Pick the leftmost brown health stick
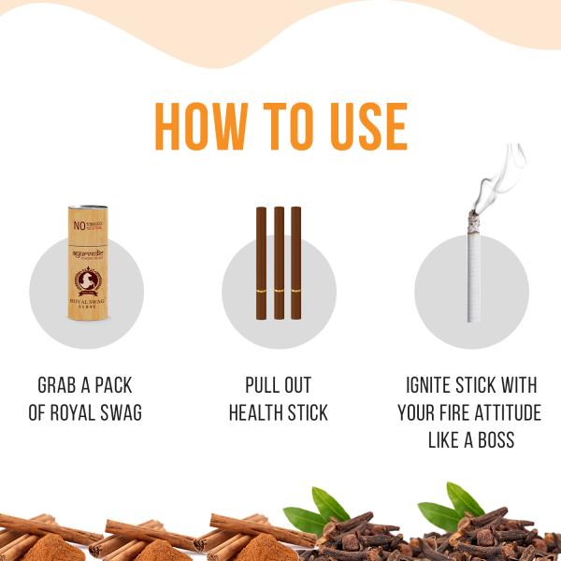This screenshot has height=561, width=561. pyautogui.click(x=261, y=263)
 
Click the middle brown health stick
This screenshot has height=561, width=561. pyautogui.click(x=279, y=263)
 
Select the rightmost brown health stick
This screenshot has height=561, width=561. pyautogui.click(x=296, y=263)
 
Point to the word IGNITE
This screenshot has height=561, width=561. pyautogui.click(x=436, y=386)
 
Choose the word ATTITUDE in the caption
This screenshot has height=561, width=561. pyautogui.click(x=501, y=412)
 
